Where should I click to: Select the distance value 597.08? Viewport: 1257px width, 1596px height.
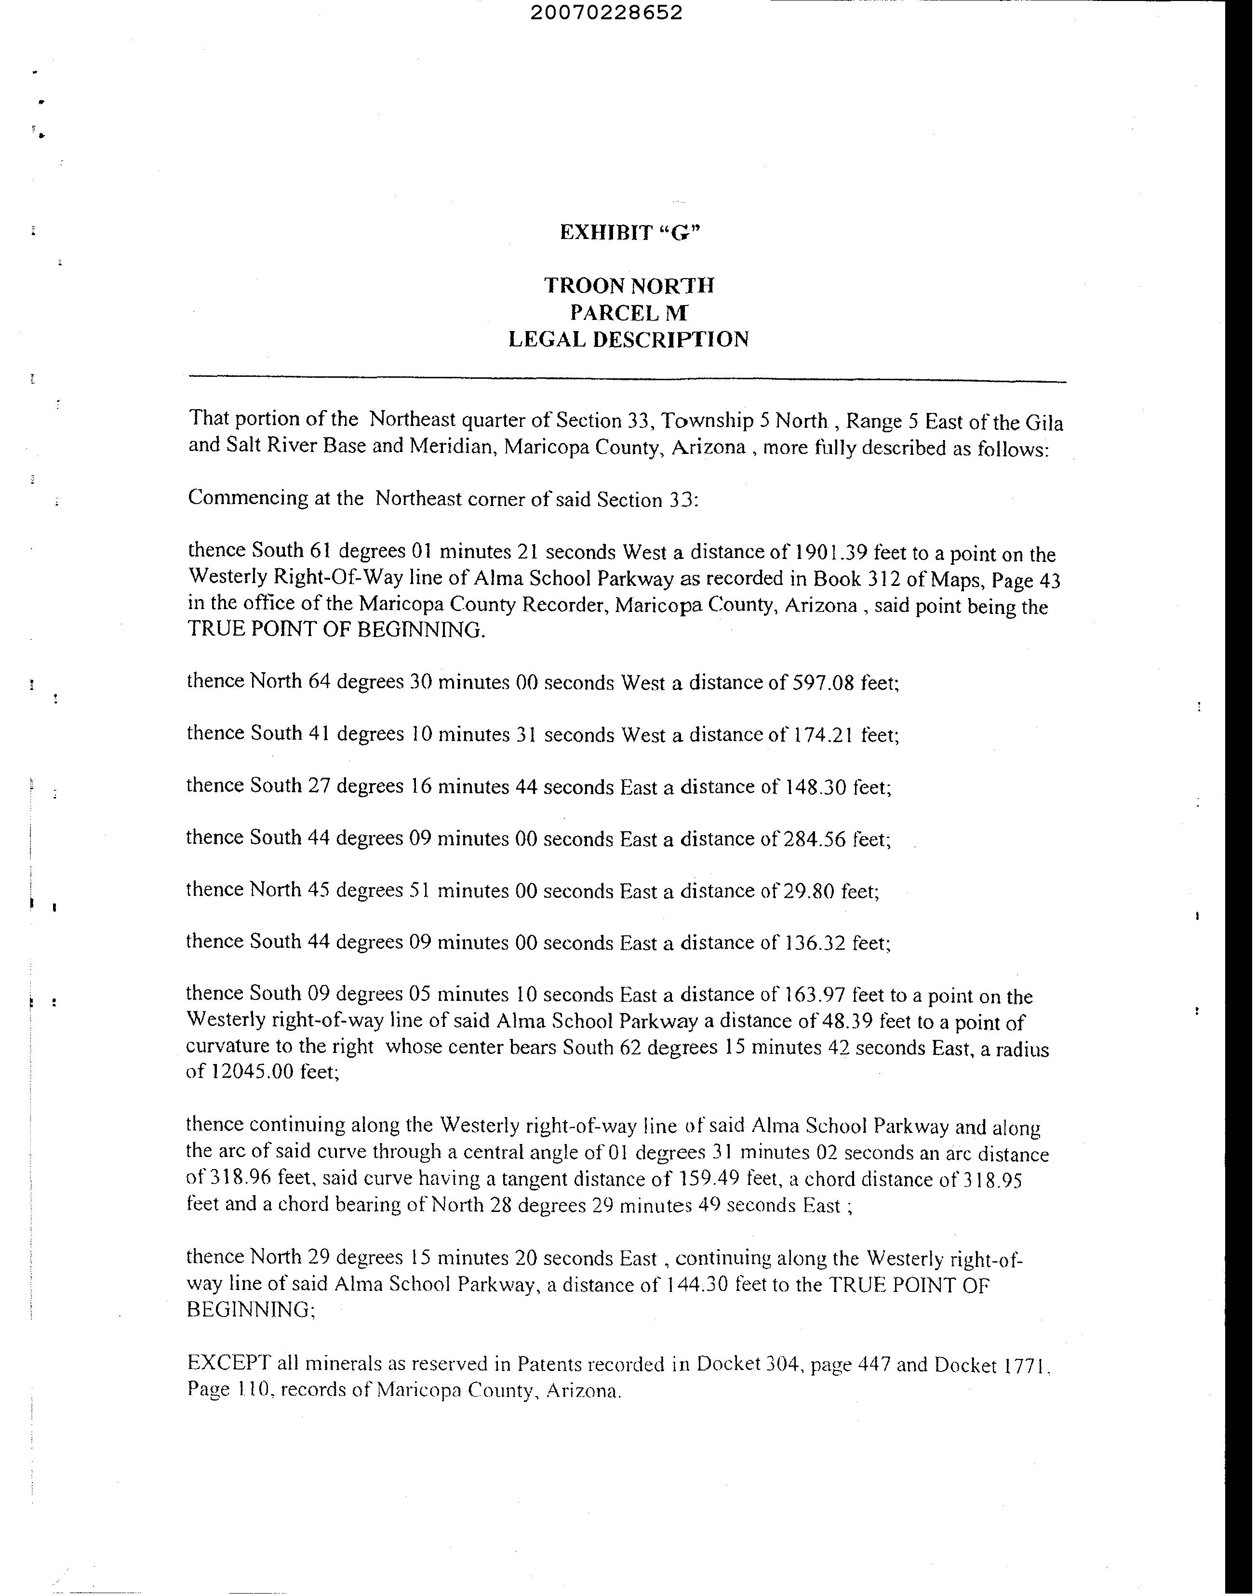point(822,682)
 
